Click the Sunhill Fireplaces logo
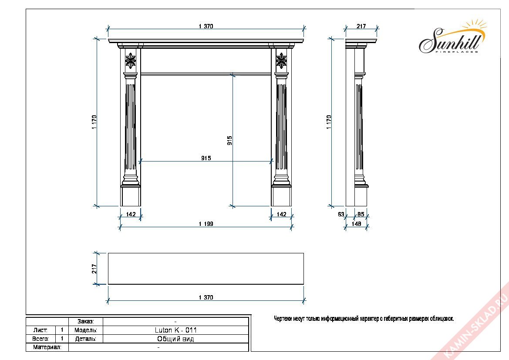coord(452,38)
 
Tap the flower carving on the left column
coord(131,61)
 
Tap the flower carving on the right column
coord(281,61)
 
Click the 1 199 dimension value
coord(206,224)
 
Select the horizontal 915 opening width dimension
coord(206,158)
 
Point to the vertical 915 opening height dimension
coord(229,141)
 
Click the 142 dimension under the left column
coord(131,214)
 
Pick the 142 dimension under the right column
coord(281,214)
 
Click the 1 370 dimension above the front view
coord(206,26)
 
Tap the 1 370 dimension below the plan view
coord(206,297)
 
